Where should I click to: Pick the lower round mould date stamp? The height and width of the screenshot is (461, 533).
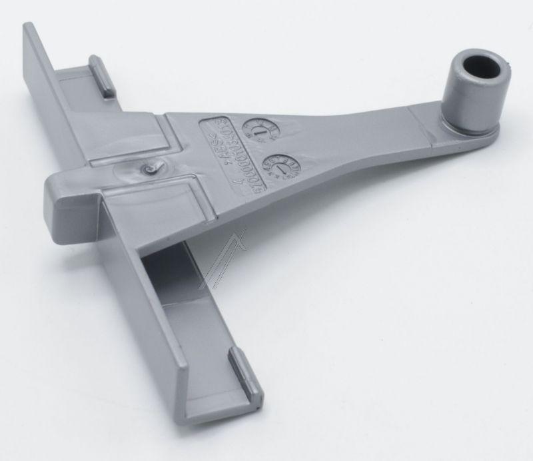pyautogui.click(x=274, y=163)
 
